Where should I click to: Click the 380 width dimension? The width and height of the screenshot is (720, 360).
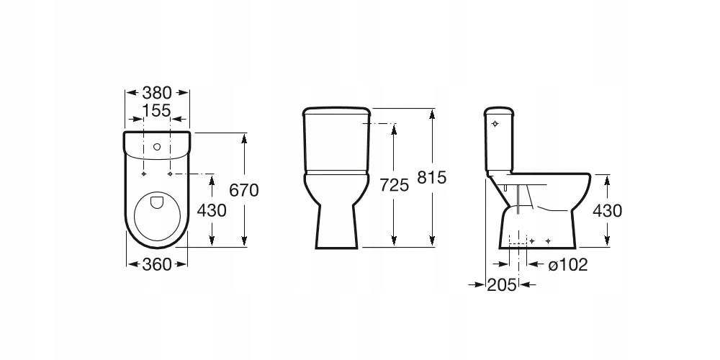156,93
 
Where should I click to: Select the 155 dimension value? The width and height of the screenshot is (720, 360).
156,111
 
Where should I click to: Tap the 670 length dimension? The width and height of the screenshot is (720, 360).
244,190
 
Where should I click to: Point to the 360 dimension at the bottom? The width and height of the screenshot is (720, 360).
156,264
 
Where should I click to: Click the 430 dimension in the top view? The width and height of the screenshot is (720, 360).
212,210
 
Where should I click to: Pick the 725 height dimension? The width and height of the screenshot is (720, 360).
394,185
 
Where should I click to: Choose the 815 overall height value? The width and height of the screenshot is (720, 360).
431,177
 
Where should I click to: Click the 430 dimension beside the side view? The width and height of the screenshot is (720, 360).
607,211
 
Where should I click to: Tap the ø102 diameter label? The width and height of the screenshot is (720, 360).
568,264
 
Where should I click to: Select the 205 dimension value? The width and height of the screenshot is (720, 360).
502,285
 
